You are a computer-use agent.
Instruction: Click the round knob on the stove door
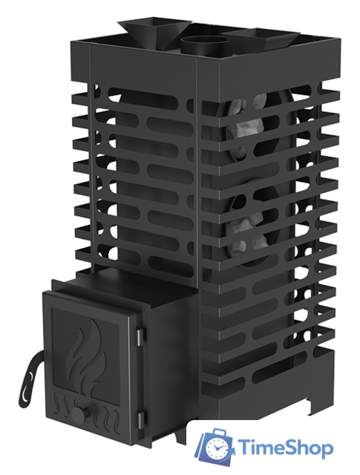pos(80,413)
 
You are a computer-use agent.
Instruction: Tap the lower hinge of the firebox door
pos(140,422)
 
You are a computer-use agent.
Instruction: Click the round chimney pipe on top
pos(204,47)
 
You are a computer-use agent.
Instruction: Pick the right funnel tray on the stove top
pos(263,38)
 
